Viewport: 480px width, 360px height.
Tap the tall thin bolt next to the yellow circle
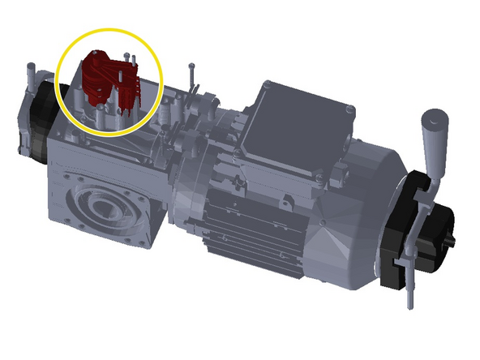pyautogui.click(x=191, y=77)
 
